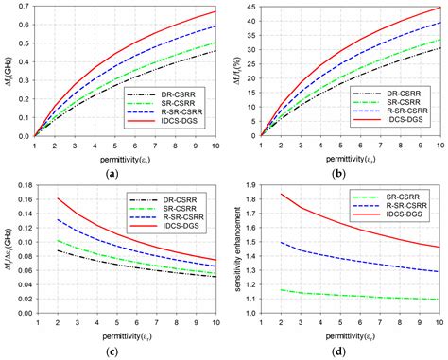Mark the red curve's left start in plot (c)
click(x=54, y=198)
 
